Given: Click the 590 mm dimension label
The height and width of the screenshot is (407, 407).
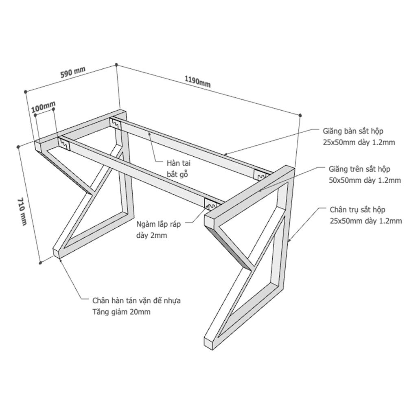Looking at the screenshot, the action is click(x=73, y=72).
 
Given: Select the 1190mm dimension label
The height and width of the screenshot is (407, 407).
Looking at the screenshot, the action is click(x=197, y=81).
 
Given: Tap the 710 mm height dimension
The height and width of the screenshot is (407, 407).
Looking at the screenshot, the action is click(x=22, y=212).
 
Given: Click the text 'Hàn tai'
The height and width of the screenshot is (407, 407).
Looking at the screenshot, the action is click(x=179, y=163).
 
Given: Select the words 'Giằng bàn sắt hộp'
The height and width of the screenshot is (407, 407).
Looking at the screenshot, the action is click(x=353, y=131).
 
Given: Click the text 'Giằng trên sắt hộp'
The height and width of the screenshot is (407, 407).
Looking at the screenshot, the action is click(x=359, y=169).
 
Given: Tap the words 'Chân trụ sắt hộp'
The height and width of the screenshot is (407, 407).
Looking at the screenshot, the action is click(x=357, y=210).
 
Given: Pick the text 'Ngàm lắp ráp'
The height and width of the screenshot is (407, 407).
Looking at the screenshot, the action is click(x=159, y=224).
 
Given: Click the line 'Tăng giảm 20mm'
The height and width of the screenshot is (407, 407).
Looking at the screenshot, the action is click(x=121, y=311).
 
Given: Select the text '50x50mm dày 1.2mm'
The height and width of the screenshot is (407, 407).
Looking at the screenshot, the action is click(x=365, y=180).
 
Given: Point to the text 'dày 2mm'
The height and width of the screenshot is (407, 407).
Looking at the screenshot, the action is click(x=151, y=235).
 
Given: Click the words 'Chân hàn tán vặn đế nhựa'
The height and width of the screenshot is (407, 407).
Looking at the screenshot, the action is click(x=136, y=301).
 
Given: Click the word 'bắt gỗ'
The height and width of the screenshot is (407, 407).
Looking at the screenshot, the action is click(x=177, y=174).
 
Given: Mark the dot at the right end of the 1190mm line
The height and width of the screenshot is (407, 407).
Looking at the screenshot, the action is click(x=300, y=115).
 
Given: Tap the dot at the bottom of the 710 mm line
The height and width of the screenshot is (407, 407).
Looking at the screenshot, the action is click(x=40, y=263).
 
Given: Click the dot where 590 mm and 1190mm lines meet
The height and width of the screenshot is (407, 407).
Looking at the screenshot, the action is click(x=116, y=65).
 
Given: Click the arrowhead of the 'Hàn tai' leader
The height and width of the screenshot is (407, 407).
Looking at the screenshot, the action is click(x=149, y=133).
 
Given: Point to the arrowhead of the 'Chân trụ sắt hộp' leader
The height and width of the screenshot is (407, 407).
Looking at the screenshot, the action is click(x=289, y=241).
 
